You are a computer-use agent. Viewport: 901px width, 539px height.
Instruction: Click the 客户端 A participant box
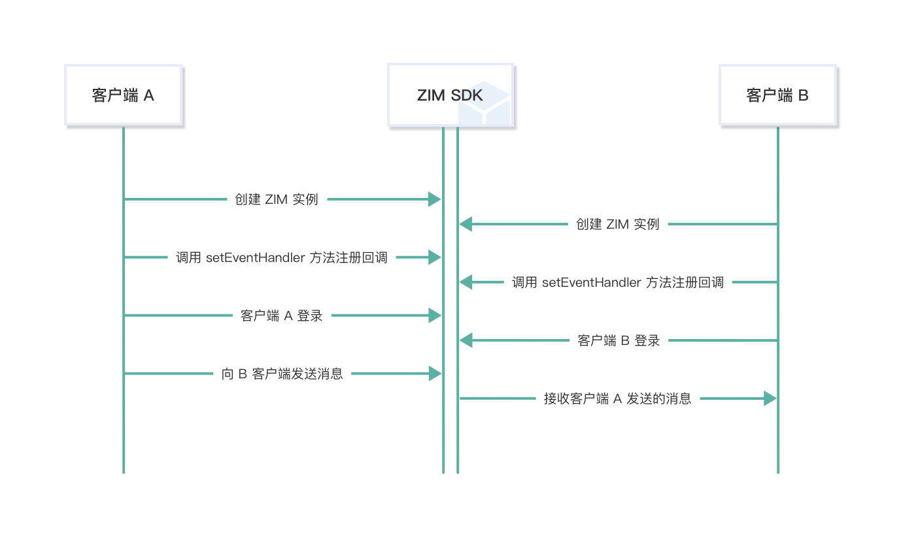point(123,95)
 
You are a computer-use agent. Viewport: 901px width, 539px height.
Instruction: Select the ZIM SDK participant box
point(450,95)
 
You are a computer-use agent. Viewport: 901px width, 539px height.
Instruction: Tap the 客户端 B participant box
point(777,95)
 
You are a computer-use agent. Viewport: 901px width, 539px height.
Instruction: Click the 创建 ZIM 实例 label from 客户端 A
point(277,199)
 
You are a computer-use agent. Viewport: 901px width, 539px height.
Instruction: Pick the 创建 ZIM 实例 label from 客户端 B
point(618,225)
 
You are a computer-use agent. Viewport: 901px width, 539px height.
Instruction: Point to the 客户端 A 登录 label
point(282,316)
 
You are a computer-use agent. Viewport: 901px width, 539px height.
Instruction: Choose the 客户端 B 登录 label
point(619,340)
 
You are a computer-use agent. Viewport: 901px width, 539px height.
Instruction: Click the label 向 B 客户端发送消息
point(282,374)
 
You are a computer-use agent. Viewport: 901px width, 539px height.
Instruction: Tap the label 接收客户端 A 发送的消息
point(618,399)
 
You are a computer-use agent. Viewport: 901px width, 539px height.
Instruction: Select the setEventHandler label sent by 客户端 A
point(282,257)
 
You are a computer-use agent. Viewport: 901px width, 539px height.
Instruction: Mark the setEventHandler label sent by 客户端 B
point(618,282)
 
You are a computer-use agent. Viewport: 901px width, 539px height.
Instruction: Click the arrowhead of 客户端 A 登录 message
point(435,316)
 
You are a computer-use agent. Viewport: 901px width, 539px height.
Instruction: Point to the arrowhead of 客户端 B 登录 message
point(466,340)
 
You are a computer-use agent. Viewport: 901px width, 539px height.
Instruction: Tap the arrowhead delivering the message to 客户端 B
point(770,399)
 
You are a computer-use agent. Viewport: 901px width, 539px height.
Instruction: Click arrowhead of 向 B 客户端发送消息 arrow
point(435,374)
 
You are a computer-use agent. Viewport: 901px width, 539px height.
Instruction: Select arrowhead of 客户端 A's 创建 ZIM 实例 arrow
point(435,199)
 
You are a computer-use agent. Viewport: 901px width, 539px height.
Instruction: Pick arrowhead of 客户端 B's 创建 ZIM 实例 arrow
point(466,225)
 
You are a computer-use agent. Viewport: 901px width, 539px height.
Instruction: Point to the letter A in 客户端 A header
point(149,95)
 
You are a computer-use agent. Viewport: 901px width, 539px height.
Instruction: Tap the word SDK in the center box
point(467,95)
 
